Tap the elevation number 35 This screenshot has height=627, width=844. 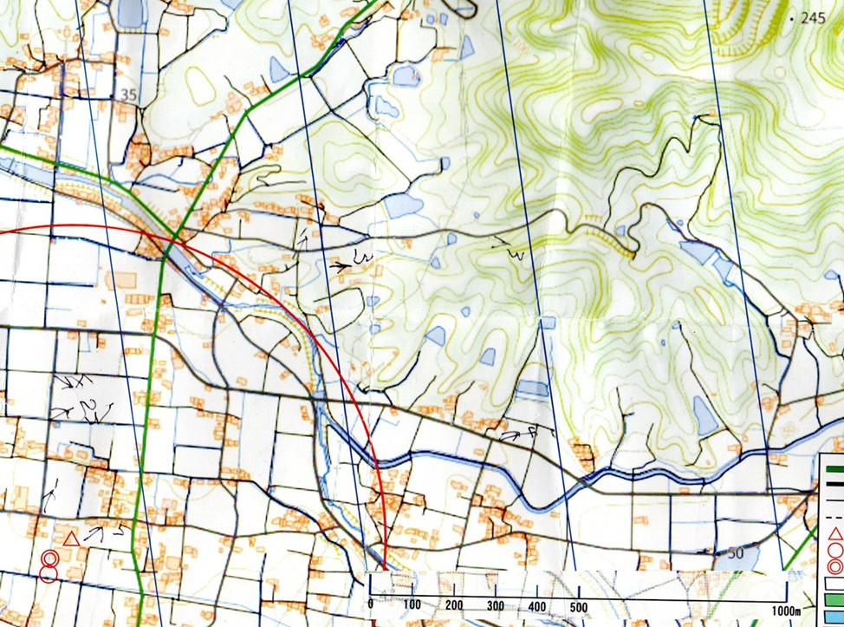[x=130, y=95]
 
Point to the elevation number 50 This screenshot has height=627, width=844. [x=737, y=553]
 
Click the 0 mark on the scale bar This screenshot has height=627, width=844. [x=371, y=604]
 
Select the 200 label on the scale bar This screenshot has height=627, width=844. [x=454, y=604]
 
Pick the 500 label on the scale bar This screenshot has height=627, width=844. [x=579, y=604]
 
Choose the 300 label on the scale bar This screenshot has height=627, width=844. [x=496, y=604]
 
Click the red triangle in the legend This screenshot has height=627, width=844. [x=836, y=532]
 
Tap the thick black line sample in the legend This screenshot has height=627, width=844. [x=834, y=486]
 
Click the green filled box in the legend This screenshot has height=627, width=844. [x=834, y=598]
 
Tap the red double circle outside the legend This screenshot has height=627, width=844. [x=50, y=565]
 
